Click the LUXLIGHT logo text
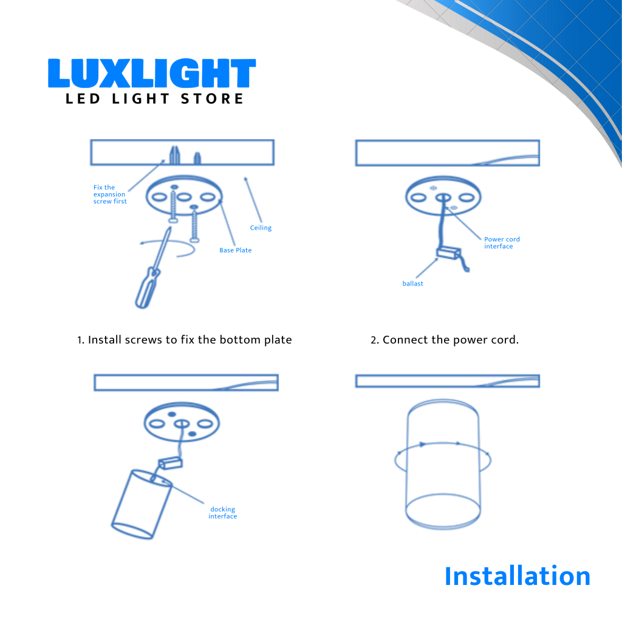[x=152, y=73]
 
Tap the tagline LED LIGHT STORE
[x=155, y=99]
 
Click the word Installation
[x=518, y=576]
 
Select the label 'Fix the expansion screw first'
[x=110, y=194]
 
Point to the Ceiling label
[x=261, y=228]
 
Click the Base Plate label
[x=236, y=250]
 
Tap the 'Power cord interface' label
[x=502, y=243]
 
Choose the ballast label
[x=412, y=284]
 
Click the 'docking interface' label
[x=222, y=513]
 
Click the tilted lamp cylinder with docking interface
[x=142, y=504]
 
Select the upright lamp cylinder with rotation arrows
[x=443, y=464]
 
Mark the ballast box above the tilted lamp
[x=171, y=463]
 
